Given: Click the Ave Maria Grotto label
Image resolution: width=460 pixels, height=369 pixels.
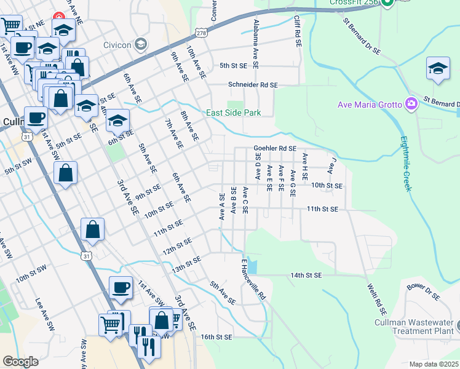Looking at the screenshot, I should click(x=370, y=104).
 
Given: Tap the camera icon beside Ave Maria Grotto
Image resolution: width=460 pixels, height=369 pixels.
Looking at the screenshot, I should click(x=411, y=104).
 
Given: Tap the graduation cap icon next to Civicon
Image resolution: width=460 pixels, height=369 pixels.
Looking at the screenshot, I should click(x=141, y=44).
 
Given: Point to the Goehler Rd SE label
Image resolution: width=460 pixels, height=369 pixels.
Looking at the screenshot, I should click(x=275, y=148).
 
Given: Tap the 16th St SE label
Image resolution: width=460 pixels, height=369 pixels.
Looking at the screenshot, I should click(x=216, y=337).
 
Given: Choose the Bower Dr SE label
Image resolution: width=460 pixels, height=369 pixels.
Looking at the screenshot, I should click(x=424, y=292).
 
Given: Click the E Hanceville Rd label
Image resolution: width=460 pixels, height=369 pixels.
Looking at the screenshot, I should click(x=252, y=279).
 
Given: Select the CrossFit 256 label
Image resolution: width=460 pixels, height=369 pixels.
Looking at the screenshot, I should click(x=352, y=3).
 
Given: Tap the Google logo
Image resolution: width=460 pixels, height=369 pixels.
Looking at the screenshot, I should click(x=20, y=362).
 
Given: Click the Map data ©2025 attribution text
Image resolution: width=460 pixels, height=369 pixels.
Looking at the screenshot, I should click(x=434, y=364).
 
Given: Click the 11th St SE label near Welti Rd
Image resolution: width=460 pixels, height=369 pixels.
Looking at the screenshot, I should click(x=323, y=209).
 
